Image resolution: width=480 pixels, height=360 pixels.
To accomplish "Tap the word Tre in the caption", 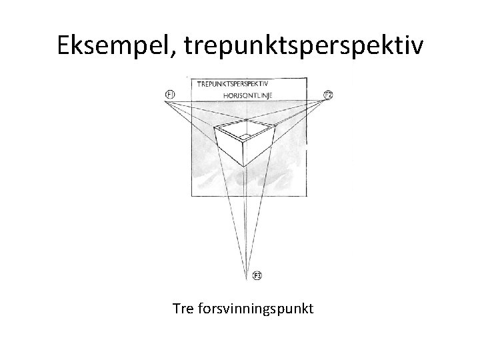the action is click(x=183, y=309).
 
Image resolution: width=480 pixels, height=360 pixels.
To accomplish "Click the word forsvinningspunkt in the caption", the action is click(x=254, y=309).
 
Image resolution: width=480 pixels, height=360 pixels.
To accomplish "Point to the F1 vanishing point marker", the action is click(x=170, y=95).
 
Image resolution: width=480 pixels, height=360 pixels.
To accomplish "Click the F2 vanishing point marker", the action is click(x=328, y=95).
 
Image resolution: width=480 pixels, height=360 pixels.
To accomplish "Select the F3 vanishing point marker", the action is click(x=257, y=275).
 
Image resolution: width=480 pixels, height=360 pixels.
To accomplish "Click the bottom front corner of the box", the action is click(x=244, y=166).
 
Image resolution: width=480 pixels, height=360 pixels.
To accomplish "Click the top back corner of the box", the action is click(x=247, y=120).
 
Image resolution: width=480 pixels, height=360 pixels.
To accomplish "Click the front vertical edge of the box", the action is click(x=244, y=153).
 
